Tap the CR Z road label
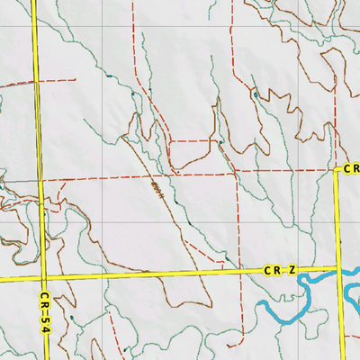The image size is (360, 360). [280, 270]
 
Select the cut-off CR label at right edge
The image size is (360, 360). [352, 168]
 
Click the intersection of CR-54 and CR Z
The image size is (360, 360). [43, 278]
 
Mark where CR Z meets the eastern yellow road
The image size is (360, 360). [338, 267]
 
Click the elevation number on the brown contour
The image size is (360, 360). [157, 190]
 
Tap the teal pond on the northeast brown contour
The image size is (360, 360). [256, 94]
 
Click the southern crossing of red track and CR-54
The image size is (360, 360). [41, 180]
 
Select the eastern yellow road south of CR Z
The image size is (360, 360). [341, 315]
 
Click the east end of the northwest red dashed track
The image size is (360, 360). [75, 79]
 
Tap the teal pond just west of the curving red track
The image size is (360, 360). [133, 94]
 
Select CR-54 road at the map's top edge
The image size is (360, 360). [34, 4]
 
